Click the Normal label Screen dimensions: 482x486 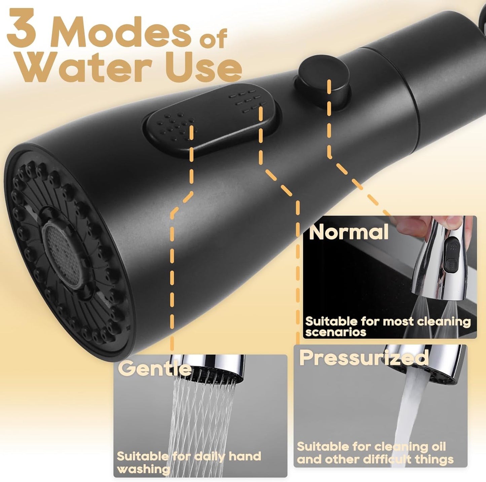(348, 232)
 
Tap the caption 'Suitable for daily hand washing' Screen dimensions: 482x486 (188, 462)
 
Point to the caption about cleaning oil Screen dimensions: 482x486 (375, 453)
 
